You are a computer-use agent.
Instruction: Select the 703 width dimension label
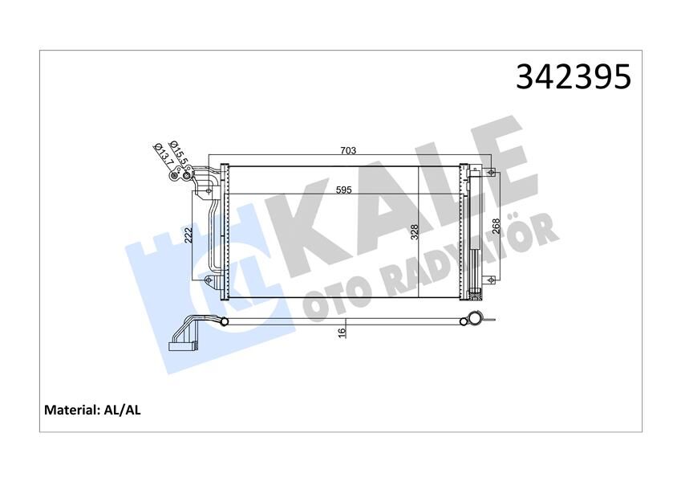pyautogui.click(x=347, y=150)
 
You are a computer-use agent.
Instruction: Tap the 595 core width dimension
pyautogui.click(x=343, y=190)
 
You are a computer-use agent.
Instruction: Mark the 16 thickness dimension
pyautogui.click(x=341, y=332)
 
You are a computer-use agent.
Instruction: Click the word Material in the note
pyautogui.click(x=71, y=410)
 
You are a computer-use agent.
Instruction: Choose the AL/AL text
pyautogui.click(x=123, y=410)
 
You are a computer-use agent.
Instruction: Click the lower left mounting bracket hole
pyautogui.click(x=209, y=280)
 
